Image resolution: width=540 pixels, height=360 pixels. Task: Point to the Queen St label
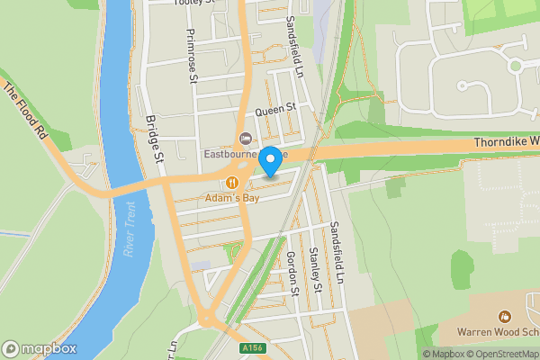coord(275,109)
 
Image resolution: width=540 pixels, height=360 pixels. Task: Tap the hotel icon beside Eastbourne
coord(243,139)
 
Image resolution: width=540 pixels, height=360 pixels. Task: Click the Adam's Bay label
coord(231,197)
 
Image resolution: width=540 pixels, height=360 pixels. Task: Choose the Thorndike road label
coord(505,142)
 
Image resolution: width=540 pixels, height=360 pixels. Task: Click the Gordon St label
coord(292,273)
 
